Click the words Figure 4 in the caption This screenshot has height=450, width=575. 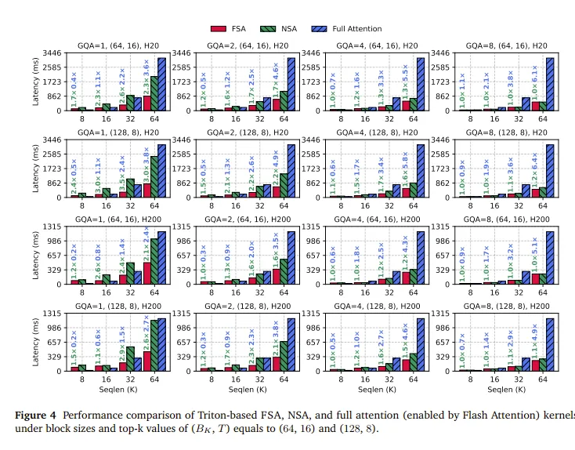(x=38, y=415)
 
